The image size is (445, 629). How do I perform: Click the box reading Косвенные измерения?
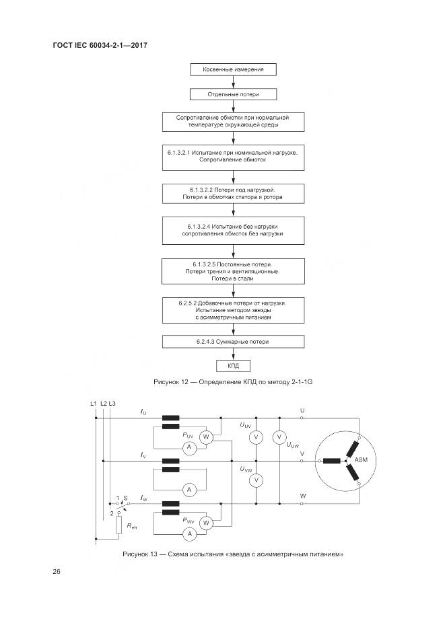coord(233,69)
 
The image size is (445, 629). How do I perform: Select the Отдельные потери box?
coord(233,95)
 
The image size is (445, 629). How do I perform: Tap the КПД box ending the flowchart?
coord(233,366)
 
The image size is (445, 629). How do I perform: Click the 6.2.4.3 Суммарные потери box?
coord(233,342)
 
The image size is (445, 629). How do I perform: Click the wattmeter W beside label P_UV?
coord(207,437)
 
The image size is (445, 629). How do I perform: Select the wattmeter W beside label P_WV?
coord(207,522)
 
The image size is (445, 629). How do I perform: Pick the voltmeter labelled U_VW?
coord(255,480)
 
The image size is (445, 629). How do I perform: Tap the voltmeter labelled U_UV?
coord(255,437)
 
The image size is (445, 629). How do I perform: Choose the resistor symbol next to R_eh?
coord(118,525)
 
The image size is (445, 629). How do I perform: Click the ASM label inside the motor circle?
coord(360,459)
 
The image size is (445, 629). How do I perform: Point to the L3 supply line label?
coord(112,403)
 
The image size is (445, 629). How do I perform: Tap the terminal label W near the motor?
coord(302,496)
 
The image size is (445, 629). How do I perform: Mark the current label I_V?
coord(143,455)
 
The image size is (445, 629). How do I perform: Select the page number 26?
coord(57,572)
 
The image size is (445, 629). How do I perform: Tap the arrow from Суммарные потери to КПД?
coord(233,354)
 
